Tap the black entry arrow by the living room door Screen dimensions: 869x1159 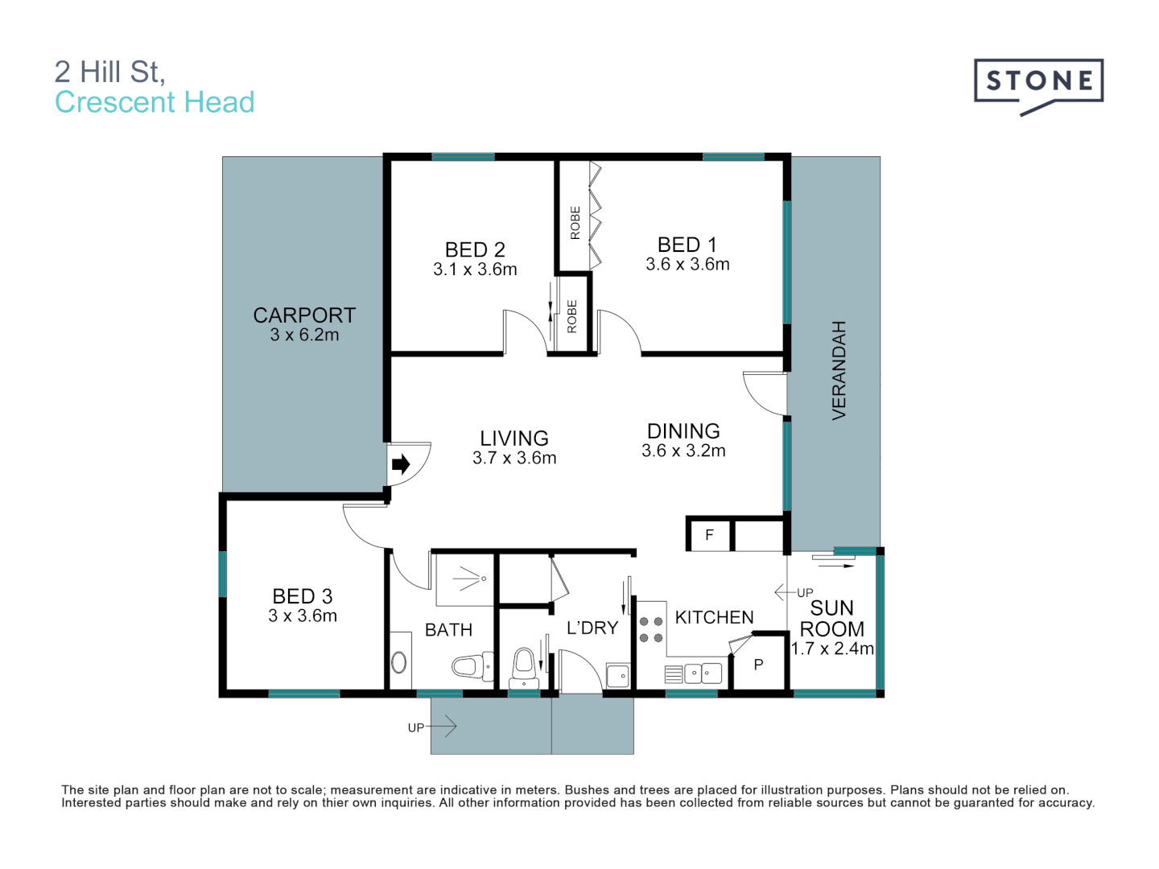pyautogui.click(x=400, y=464)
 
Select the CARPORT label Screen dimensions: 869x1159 pyautogui.click(x=304, y=315)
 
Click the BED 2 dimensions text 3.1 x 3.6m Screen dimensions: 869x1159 pyautogui.click(x=475, y=270)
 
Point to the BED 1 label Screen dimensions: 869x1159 pyautogui.click(x=687, y=245)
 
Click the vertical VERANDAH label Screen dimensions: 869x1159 pyautogui.click(x=839, y=370)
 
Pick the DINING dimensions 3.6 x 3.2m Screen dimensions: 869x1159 pyautogui.click(x=683, y=451)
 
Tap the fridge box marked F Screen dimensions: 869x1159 pyautogui.click(x=709, y=535)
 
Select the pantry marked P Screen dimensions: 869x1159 pyautogui.click(x=758, y=665)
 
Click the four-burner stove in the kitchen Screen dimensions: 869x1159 pyautogui.click(x=651, y=629)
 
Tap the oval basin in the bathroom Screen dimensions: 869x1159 pyautogui.click(x=399, y=662)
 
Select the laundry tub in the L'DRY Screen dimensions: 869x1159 pyautogui.click(x=617, y=676)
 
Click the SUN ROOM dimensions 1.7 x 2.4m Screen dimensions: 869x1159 pyautogui.click(x=832, y=649)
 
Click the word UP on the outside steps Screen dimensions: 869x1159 pyautogui.click(x=415, y=727)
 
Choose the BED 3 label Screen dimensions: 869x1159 pyautogui.click(x=302, y=596)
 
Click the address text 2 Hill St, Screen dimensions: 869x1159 pyautogui.click(x=109, y=72)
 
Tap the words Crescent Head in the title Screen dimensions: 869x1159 pyautogui.click(x=155, y=102)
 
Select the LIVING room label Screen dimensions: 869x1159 pyautogui.click(x=514, y=439)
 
